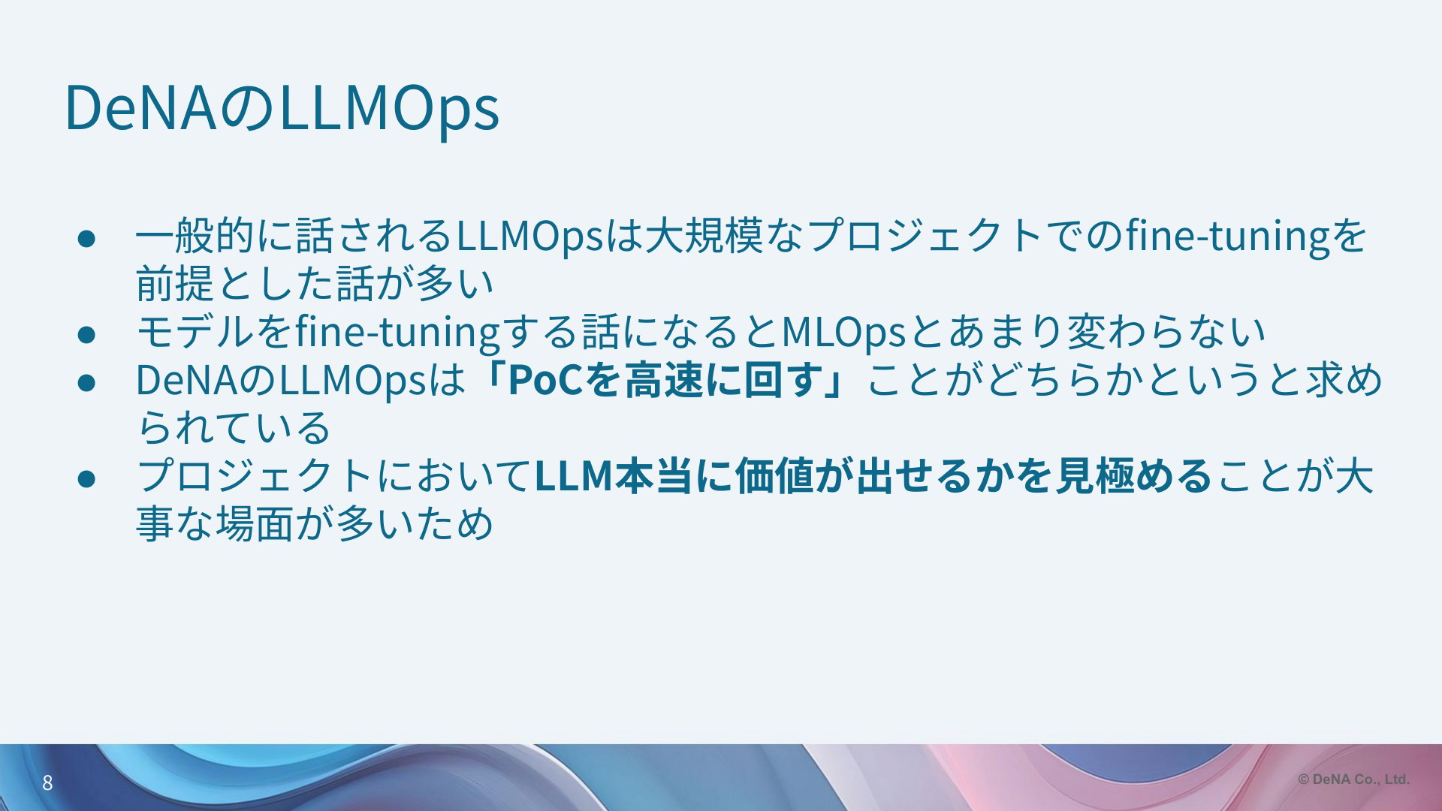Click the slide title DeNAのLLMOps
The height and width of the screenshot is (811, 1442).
(282, 109)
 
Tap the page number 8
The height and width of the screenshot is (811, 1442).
(47, 783)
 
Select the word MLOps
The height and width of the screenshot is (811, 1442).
(844, 332)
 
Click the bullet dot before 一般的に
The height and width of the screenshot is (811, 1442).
(86, 237)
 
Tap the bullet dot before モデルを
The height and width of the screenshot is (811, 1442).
(86, 333)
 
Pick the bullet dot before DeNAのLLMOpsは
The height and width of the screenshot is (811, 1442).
(86, 381)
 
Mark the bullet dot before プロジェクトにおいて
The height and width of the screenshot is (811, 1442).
(86, 477)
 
